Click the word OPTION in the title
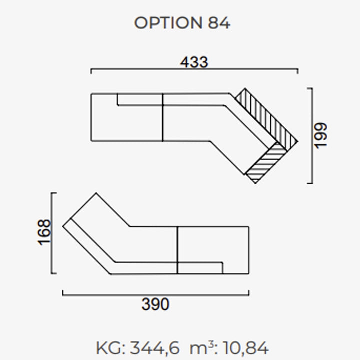(x=168, y=23)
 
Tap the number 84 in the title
(x=219, y=23)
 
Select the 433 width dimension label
(x=194, y=62)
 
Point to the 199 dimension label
(x=320, y=136)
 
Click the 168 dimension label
(x=44, y=232)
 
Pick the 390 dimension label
(x=155, y=304)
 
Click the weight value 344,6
(x=155, y=348)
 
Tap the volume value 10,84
(x=245, y=348)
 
